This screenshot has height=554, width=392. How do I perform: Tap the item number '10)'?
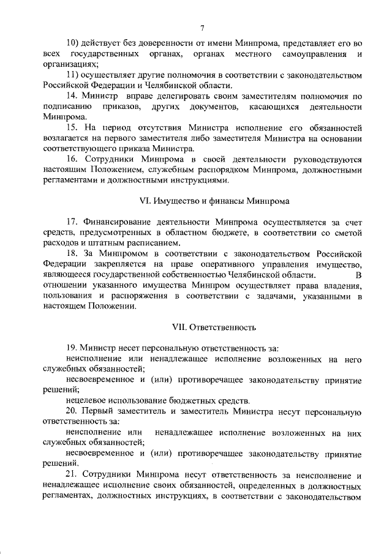74,43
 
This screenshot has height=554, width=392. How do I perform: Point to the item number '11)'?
73,75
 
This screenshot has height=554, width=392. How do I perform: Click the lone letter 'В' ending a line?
358,275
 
